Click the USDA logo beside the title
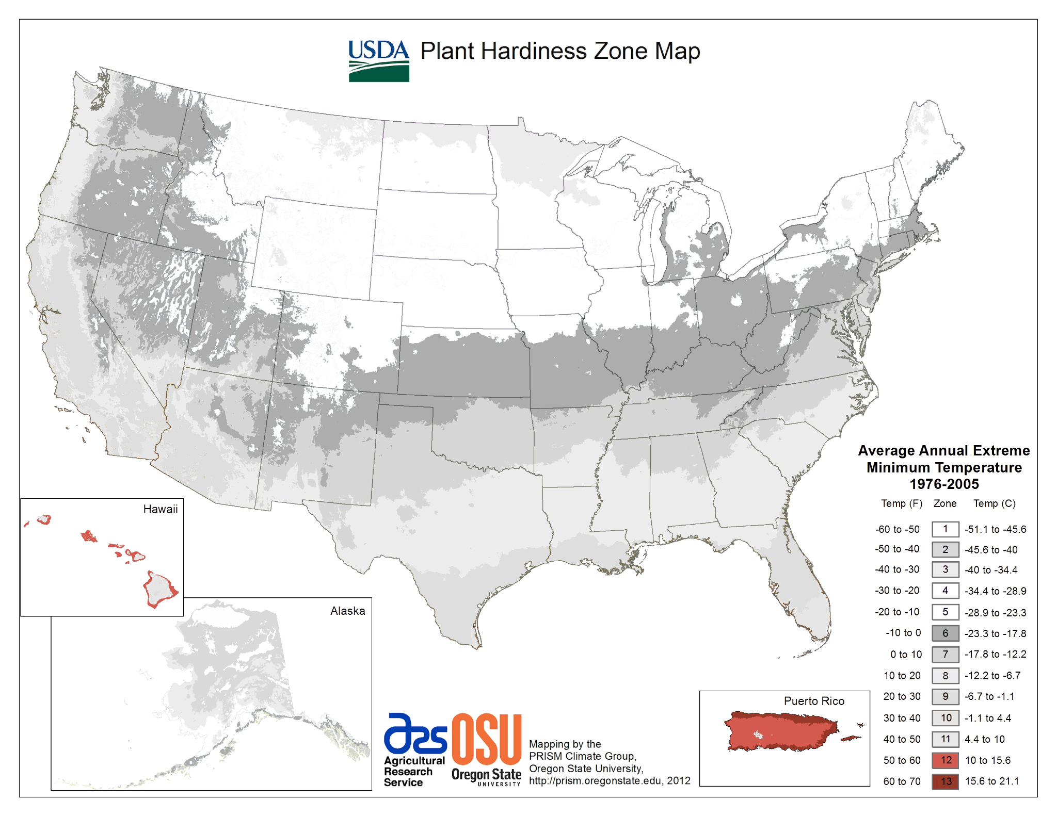(x=378, y=61)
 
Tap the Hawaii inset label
(x=160, y=509)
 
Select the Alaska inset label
(x=347, y=611)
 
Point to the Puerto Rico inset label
(x=814, y=701)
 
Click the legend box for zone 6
(x=945, y=633)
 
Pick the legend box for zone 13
(x=945, y=781)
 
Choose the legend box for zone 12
(x=945, y=760)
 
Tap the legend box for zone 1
(x=945, y=529)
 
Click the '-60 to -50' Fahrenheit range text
(x=897, y=529)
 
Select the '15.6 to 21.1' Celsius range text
(x=991, y=781)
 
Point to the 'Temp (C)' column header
(x=994, y=503)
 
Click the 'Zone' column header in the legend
(x=944, y=503)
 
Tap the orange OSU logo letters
(x=486, y=739)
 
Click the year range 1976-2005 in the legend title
(x=943, y=484)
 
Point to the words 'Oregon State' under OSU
(x=486, y=774)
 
